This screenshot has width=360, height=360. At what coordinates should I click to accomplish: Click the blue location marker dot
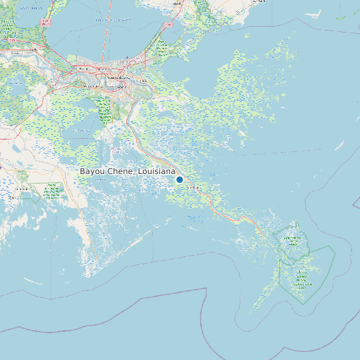click(179, 179)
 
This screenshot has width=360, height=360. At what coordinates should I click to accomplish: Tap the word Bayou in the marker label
click(92, 171)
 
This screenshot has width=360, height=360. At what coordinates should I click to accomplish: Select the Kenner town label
click(84, 68)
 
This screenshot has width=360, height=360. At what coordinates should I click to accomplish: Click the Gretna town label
click(120, 86)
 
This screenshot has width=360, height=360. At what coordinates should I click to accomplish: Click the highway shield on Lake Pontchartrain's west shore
click(46, 23)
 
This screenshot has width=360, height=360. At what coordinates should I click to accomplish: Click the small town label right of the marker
click(194, 189)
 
